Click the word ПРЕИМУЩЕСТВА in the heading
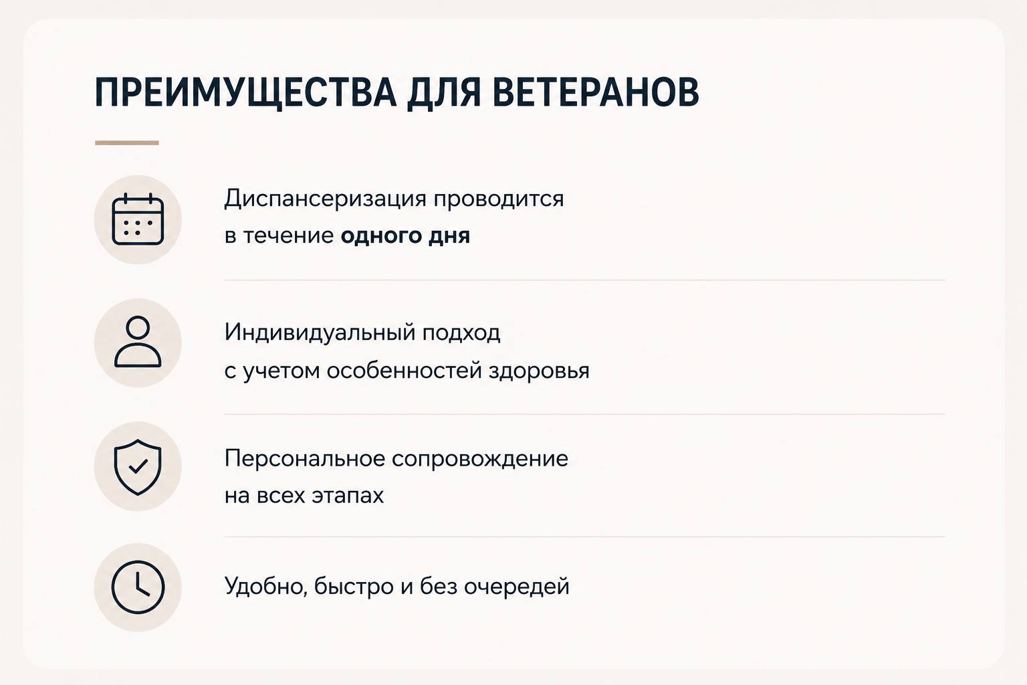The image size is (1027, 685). pos(245,93)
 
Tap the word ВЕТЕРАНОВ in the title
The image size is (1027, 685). pos(596,92)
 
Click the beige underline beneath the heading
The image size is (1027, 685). pos(127,142)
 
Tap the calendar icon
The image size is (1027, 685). pos(138,219)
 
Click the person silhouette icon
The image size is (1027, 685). pos(138,342)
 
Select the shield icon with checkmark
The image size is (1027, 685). pos(138,467)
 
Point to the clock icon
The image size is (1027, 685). pos(138,587)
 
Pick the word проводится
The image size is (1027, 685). pos(499,199)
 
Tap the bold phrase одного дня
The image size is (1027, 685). pos(405,236)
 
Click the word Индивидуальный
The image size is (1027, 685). pos(320,332)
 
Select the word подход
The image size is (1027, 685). pos(461,333)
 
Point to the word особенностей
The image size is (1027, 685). pos(404,370)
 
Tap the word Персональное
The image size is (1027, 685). pos(304,458)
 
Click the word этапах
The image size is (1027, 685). pos(348,496)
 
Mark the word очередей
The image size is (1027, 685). pos(517,587)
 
